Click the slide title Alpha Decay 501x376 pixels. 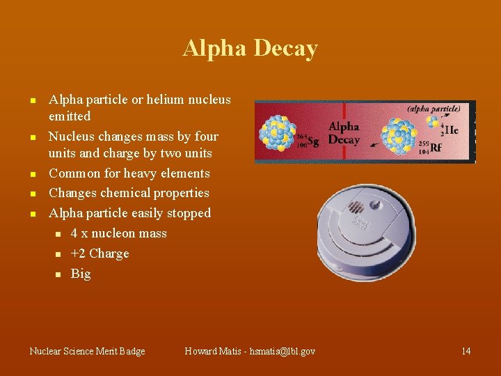pos(250,49)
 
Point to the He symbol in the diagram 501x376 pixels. pos(452,130)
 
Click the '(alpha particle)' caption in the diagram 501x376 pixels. pos(434,109)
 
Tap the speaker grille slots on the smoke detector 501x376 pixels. pos(356,207)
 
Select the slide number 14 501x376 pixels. pos(466,351)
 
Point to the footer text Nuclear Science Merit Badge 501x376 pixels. pos(88,351)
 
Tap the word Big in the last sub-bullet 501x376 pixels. pos(81,274)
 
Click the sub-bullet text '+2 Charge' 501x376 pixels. pos(100,253)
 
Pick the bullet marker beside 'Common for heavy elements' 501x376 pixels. pos(32,174)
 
